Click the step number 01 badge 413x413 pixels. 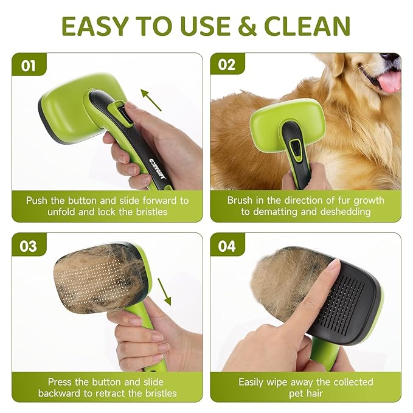[29, 65]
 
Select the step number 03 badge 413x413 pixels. [29, 246]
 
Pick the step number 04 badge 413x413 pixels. [227, 246]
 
